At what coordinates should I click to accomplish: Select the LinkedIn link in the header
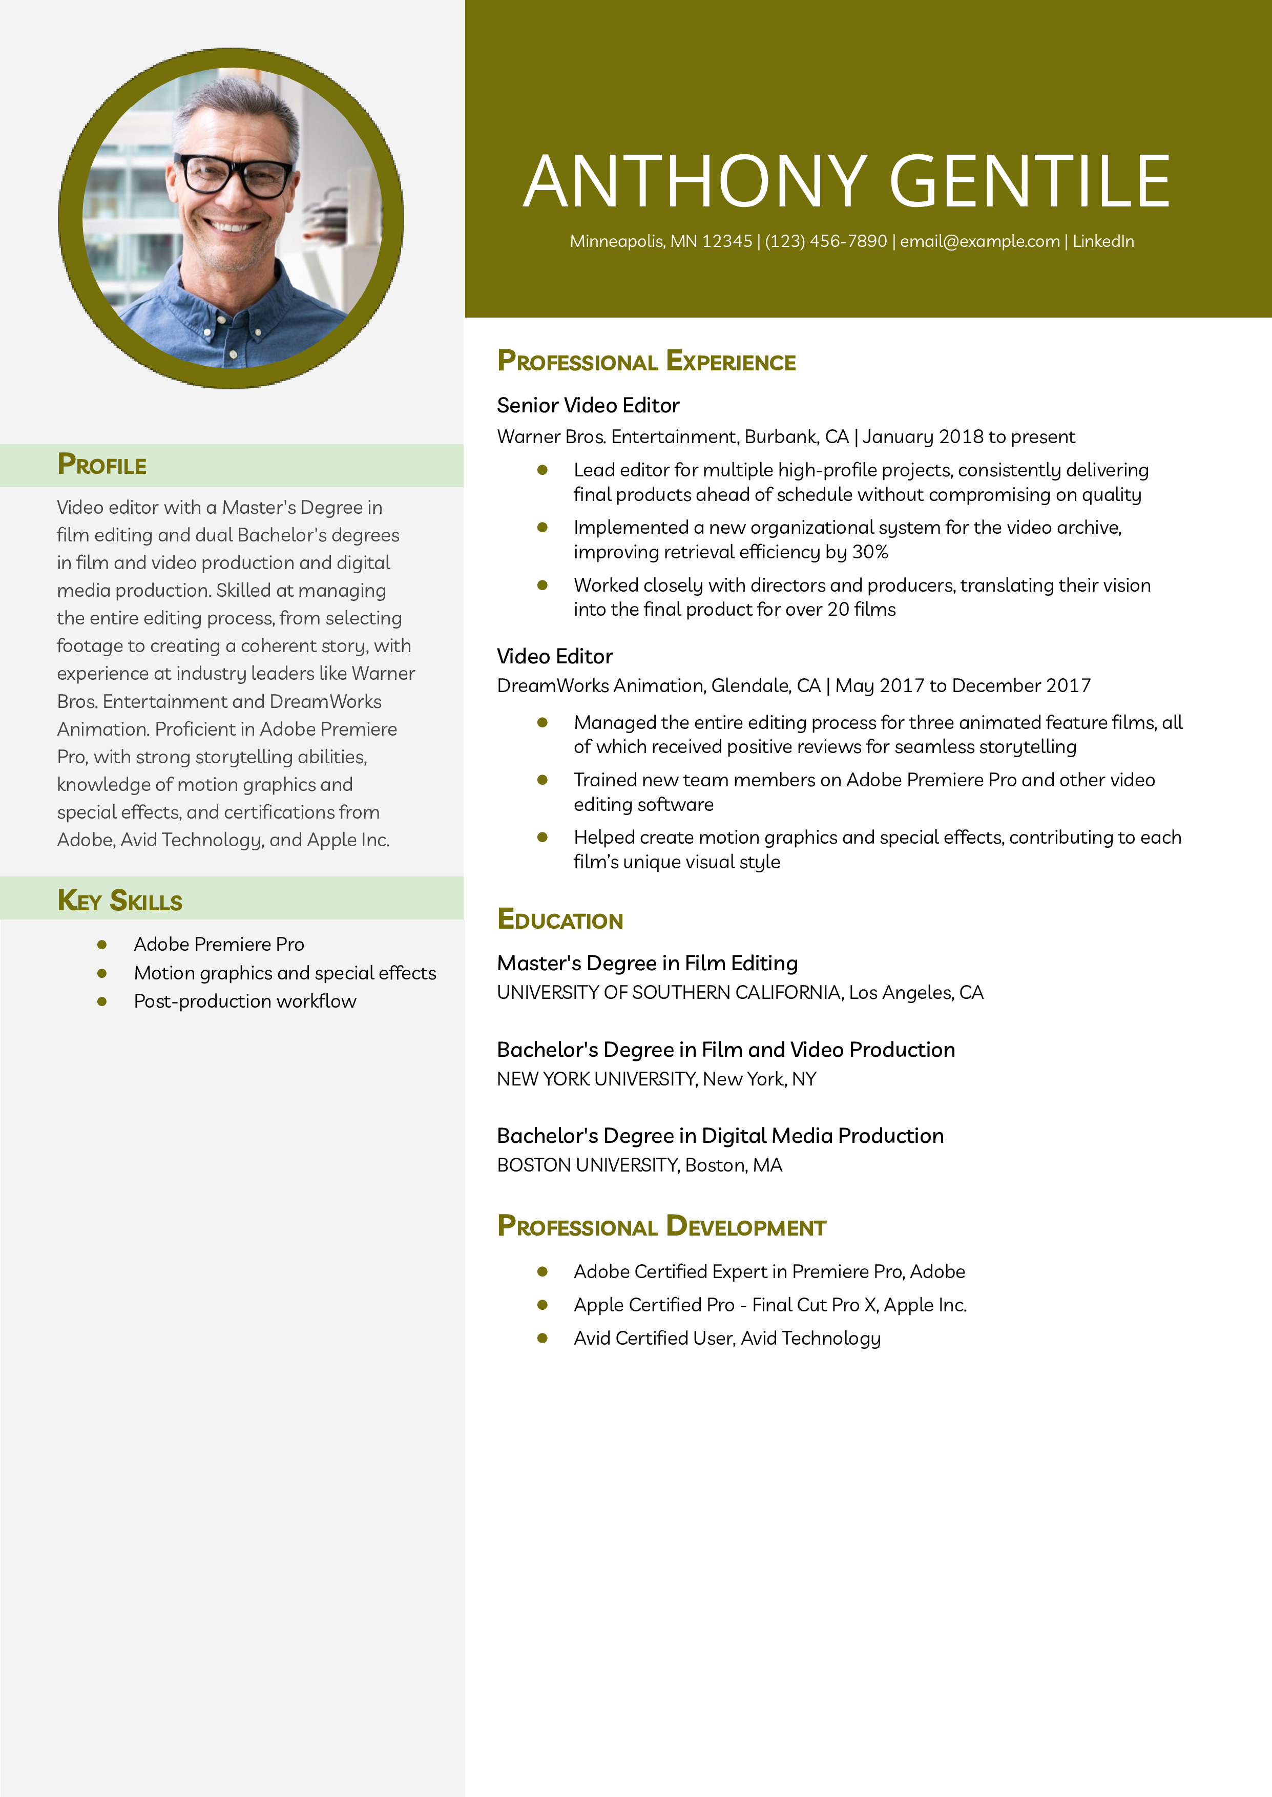pos(1103,241)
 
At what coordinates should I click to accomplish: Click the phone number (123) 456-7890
pos(826,241)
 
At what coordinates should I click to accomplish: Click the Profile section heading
pos(102,465)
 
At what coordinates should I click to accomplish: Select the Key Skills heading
pos(120,901)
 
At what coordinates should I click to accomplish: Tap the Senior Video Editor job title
pos(588,406)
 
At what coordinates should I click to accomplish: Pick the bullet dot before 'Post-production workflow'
pos(102,1001)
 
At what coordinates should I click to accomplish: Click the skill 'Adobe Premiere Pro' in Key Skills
pos(219,944)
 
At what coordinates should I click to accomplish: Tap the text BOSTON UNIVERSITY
pos(588,1165)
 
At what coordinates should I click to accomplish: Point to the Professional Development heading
pos(662,1226)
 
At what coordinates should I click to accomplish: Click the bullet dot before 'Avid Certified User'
pos(542,1338)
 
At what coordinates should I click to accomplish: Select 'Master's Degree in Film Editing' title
pos(647,963)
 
